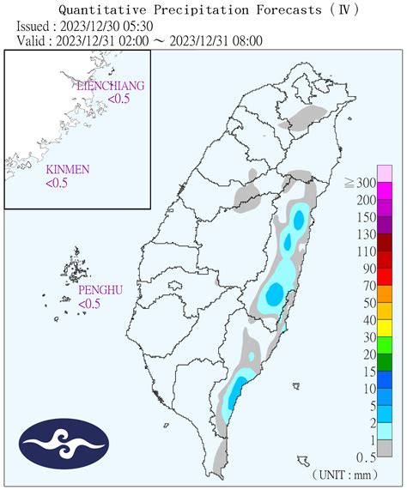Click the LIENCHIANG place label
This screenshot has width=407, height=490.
(110, 87)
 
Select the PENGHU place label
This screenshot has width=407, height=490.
(100, 291)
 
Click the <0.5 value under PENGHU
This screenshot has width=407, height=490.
(90, 304)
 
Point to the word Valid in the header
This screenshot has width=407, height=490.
(33, 40)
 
